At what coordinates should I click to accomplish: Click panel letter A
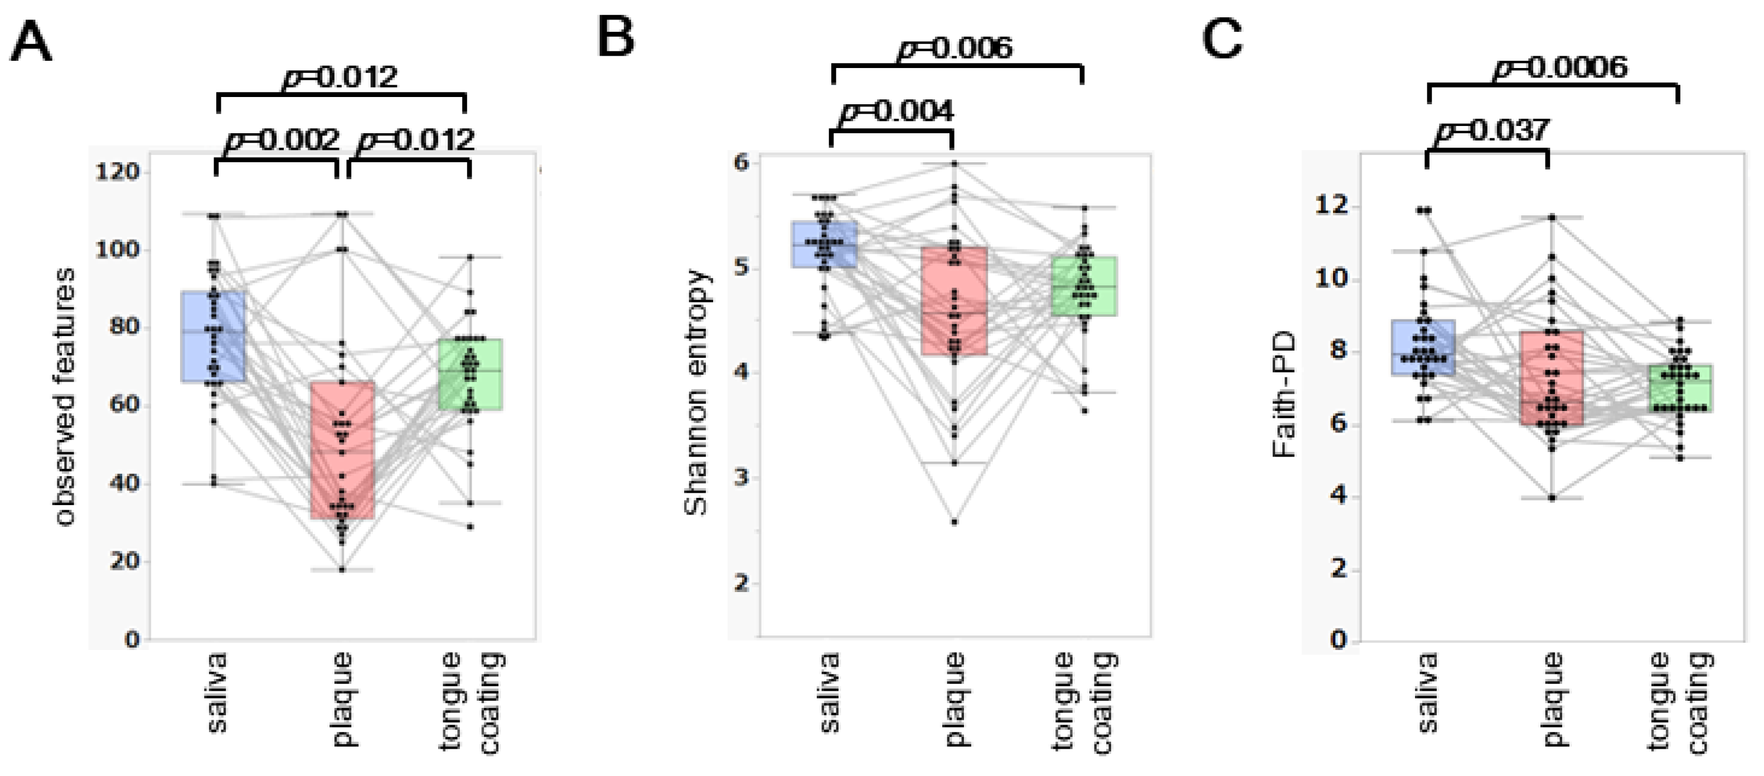pyautogui.click(x=31, y=42)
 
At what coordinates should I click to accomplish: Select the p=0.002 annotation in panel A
pyautogui.click(x=282, y=140)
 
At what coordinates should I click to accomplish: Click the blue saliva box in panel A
pyautogui.click(x=213, y=336)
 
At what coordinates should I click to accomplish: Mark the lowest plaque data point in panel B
pyautogui.click(x=954, y=522)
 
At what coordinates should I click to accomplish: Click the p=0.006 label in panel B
pyautogui.click(x=954, y=48)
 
